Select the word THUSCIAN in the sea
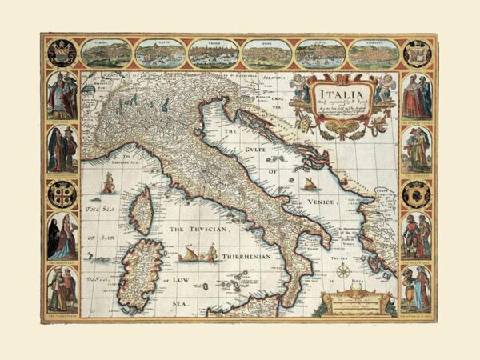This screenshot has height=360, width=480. click(x=210, y=230)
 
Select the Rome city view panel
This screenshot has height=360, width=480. click(x=266, y=54)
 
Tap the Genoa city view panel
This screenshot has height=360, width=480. click(x=319, y=54)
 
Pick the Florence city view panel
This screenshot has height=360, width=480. click(x=373, y=54)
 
